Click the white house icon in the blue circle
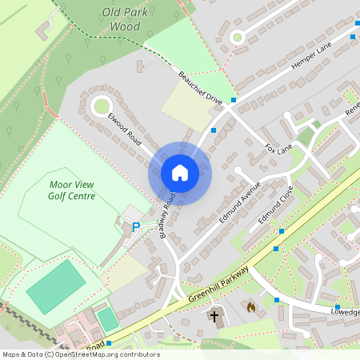[x=180, y=172]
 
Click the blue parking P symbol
[x=135, y=227]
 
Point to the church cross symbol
[x=214, y=317]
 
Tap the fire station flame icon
[x=250, y=306]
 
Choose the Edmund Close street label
[x=276, y=204]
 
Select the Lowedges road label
[x=346, y=311]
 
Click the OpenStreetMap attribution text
[x=80, y=354]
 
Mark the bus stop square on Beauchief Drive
[x=234, y=100]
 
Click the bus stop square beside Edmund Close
[x=282, y=231]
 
